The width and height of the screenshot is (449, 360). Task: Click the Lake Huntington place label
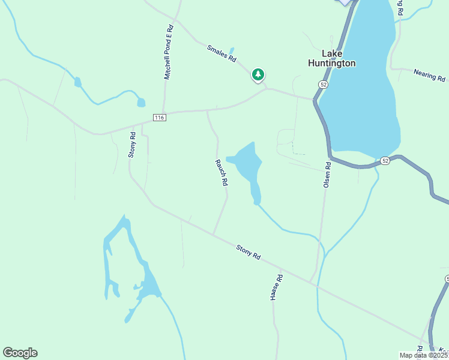coord(331,58)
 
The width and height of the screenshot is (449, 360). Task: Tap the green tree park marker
coord(258,75)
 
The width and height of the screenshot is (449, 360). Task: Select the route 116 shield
coord(158,118)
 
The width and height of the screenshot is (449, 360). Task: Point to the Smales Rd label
coord(222,55)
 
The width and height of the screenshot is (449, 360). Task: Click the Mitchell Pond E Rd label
coord(169,53)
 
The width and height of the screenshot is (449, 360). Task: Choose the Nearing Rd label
coord(429,75)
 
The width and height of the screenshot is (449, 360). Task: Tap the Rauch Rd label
coord(220,172)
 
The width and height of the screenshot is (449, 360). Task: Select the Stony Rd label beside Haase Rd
coord(248,251)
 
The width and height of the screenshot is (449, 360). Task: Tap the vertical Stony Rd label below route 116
coord(132,145)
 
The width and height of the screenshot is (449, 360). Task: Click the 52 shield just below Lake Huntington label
coord(324,85)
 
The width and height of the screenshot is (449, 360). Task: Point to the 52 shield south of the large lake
coord(385,161)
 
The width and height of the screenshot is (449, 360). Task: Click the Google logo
coord(20,353)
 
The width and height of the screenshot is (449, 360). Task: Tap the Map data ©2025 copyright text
coord(424,355)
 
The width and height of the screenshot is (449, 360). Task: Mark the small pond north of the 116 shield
coord(140,102)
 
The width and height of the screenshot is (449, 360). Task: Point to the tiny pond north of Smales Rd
coord(232,51)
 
